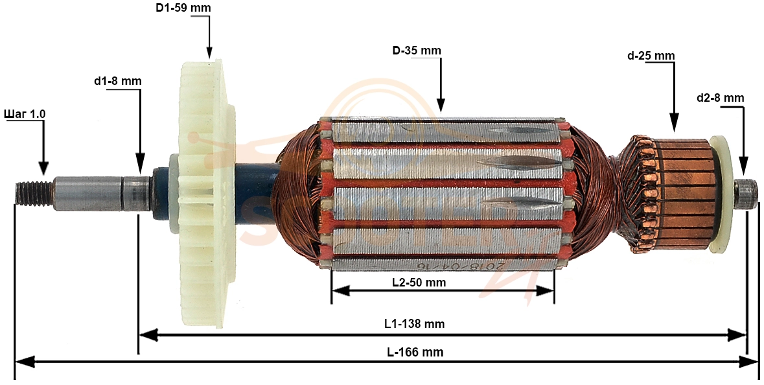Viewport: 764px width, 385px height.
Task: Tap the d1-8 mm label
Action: point(118,81)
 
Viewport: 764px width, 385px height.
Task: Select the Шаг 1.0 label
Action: point(25,113)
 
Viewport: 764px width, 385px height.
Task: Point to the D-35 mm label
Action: point(417,51)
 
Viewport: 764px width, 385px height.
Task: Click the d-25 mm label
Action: point(651,56)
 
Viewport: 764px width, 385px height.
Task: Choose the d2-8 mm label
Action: point(720,98)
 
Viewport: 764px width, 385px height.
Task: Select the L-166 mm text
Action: point(415,352)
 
